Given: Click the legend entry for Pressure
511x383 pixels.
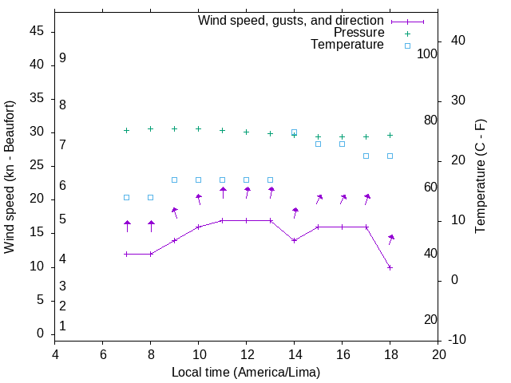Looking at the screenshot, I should (x=358, y=33).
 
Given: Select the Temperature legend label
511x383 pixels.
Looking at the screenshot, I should (x=347, y=45).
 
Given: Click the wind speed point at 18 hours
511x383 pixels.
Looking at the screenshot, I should (x=390, y=267).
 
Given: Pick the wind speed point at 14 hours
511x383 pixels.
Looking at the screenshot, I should (x=295, y=240).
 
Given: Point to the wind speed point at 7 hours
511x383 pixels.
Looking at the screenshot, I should (x=127, y=254).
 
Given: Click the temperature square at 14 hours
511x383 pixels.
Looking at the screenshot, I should (x=295, y=132).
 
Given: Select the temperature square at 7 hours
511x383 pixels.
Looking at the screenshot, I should (x=127, y=197).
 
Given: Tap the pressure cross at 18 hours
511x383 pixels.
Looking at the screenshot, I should (x=390, y=136).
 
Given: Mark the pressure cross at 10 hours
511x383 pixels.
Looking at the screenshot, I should (x=199, y=128).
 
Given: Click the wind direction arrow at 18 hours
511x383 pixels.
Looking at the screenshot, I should (x=391, y=239).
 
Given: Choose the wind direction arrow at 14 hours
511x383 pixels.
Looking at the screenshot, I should (x=295, y=212).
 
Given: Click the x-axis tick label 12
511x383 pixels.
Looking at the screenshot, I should (x=247, y=355).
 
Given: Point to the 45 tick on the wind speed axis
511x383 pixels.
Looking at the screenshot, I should (x=37, y=31).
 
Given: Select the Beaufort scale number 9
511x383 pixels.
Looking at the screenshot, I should (x=62, y=58).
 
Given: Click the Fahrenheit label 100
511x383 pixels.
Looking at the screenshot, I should (x=427, y=53).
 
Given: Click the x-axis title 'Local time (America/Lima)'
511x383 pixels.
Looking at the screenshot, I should (x=246, y=373).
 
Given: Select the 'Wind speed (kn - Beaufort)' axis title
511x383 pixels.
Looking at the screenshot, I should (x=10, y=177).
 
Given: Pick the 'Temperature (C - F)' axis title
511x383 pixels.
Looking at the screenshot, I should (x=481, y=177).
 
